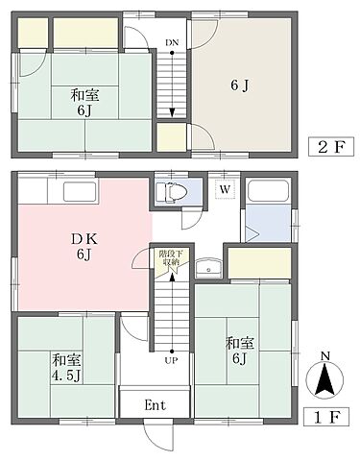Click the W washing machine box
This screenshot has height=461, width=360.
(x=223, y=189)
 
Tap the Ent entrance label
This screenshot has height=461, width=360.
(x=156, y=404)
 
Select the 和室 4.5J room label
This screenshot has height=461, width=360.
(x=63, y=366)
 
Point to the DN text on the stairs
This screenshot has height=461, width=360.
(x=171, y=43)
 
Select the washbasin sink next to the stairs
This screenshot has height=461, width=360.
(x=206, y=268)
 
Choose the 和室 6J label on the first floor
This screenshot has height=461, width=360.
(x=237, y=350)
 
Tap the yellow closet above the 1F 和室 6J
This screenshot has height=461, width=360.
(x=257, y=261)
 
